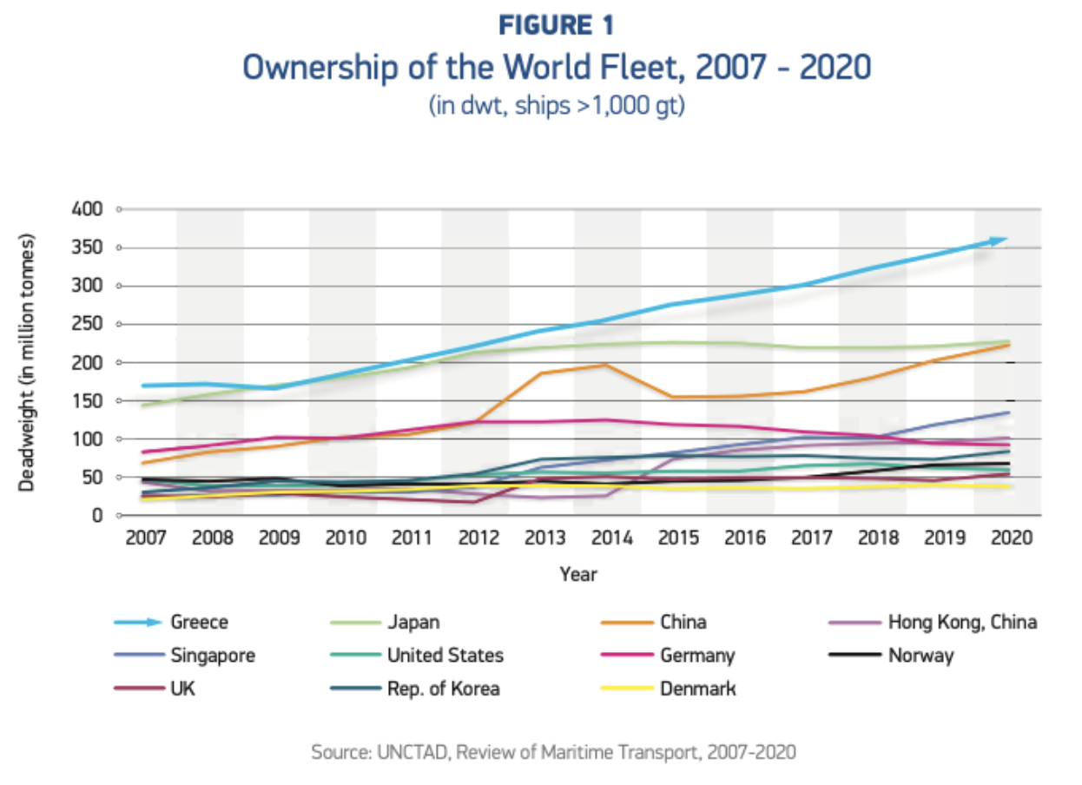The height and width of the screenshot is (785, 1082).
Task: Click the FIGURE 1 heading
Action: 557,26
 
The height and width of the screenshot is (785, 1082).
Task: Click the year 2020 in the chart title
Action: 833,68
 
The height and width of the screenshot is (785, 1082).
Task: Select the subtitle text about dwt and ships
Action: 556,109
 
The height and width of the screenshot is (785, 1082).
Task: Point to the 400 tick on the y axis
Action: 91,209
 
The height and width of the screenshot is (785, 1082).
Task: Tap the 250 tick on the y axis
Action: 91,324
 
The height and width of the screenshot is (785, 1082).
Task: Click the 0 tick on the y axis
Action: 98,515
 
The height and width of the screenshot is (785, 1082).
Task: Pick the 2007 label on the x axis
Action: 146,538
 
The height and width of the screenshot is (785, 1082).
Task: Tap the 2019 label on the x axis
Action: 940,538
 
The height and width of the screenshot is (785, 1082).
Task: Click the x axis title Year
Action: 578,574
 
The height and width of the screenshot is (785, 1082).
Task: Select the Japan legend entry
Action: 412,622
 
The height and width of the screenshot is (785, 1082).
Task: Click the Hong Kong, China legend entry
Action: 961,622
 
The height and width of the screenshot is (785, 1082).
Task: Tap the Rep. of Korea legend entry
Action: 443,689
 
